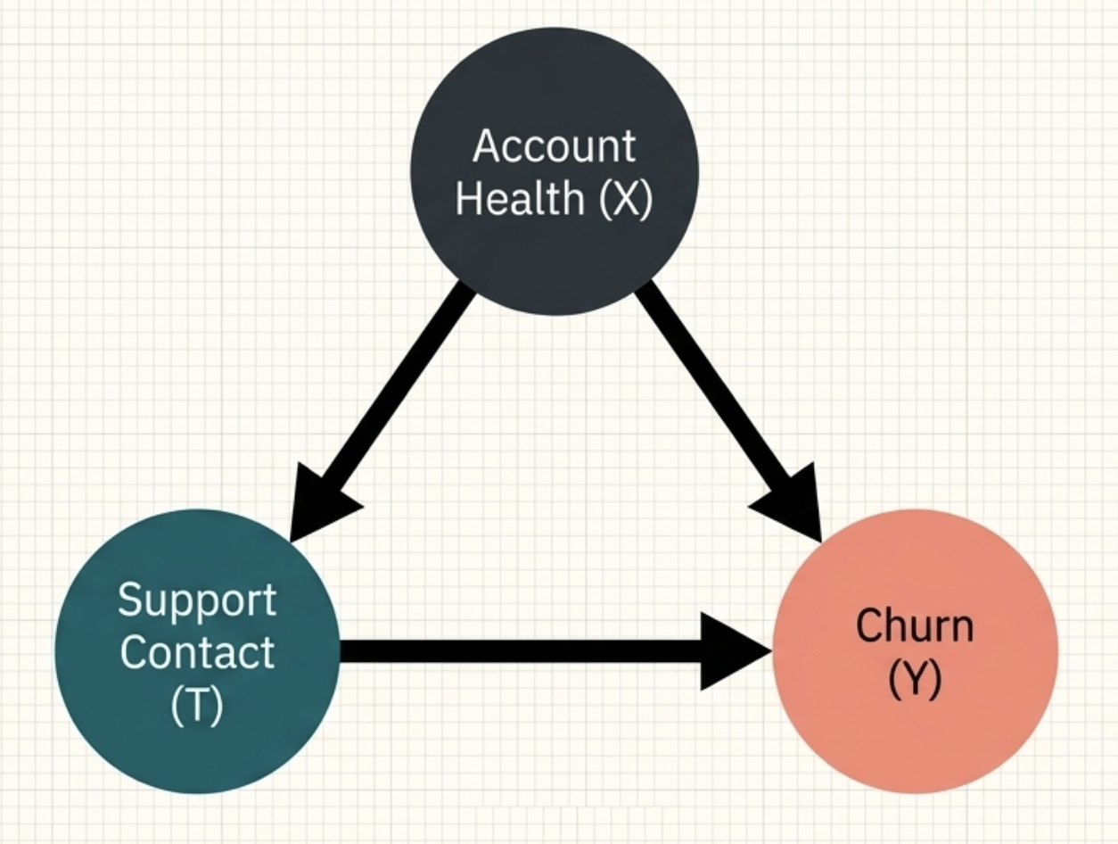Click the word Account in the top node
tap(555, 145)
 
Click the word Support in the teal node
tap(197, 601)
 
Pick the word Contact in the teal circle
tap(197, 652)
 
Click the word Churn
tap(915, 626)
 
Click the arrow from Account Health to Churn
tap(713, 393)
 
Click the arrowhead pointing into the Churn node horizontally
tap(736, 650)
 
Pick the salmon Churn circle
tap(915, 741)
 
